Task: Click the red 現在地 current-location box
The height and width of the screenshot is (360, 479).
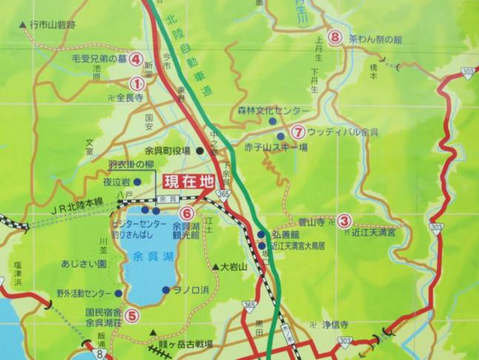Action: [188, 180]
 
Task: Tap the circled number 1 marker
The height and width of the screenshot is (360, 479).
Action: [136, 84]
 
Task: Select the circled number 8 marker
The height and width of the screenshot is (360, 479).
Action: [335, 36]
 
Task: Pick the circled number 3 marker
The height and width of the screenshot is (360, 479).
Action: [344, 220]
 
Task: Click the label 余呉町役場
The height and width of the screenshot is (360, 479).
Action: [168, 150]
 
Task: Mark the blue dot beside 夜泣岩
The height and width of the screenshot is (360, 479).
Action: [138, 180]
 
